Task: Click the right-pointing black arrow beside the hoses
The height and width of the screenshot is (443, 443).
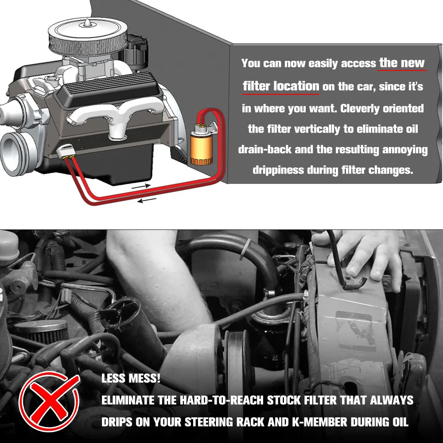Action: coord(141,186)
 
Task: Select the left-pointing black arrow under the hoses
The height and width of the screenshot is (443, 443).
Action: coord(147,200)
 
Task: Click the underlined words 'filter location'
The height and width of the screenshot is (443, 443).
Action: coord(281,86)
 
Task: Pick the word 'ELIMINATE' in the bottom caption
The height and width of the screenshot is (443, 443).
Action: coord(128,400)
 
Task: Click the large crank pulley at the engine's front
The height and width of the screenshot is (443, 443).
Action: coord(17,154)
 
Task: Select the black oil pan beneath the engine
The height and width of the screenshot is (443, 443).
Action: coord(113,164)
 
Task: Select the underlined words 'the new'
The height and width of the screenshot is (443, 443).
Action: coord(402,63)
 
